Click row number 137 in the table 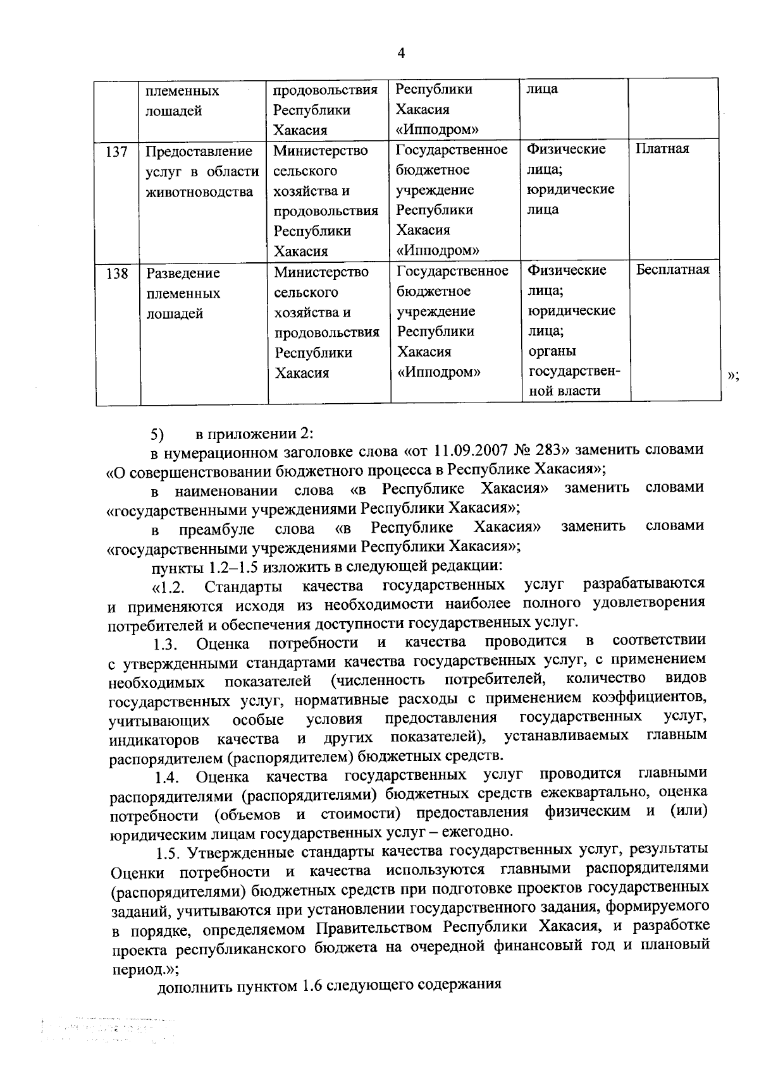[117, 152]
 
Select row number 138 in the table [118, 274]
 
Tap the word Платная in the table [662, 149]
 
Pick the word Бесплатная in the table [672, 270]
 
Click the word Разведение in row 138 [183, 274]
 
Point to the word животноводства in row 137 [199, 191]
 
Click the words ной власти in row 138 [564, 391]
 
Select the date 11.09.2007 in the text [467, 450]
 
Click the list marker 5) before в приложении [157, 435]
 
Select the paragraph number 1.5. [168, 853]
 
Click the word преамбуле [216, 528]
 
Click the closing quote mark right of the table [734, 376]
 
